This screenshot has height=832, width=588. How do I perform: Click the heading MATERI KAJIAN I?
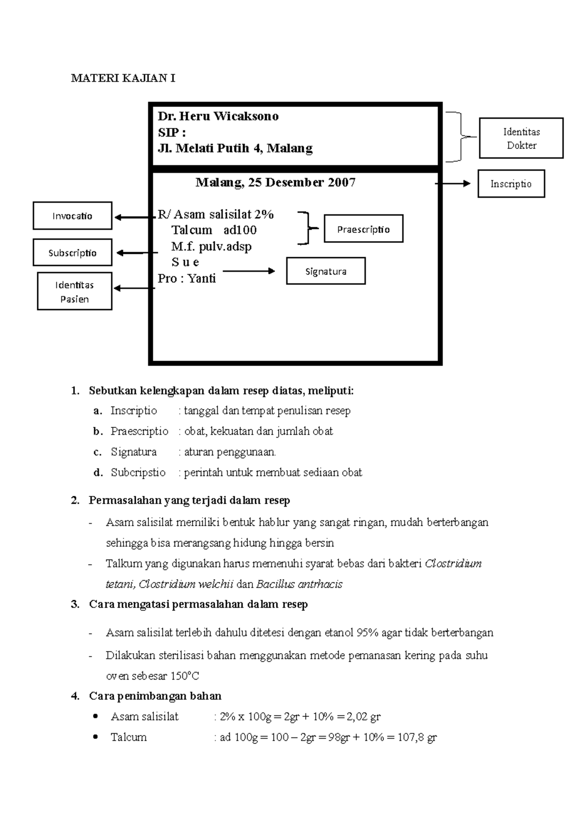coord(123,78)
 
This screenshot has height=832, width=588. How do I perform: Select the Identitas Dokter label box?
coord(521,138)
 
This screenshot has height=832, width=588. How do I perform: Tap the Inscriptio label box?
coord(511,184)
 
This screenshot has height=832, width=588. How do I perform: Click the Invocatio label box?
coord(73,216)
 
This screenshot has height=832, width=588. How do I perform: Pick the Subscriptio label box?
coord(73,252)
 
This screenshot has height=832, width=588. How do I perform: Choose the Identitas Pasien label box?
coord(74,292)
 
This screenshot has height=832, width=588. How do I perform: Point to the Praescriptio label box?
coord(364,229)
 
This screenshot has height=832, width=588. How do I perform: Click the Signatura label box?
coord(326,271)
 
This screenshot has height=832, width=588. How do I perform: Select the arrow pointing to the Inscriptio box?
coord(453,184)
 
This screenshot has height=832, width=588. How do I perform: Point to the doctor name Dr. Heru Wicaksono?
coord(218,116)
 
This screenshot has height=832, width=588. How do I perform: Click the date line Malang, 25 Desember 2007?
coord(275,182)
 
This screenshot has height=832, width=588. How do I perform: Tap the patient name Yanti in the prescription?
coord(201,278)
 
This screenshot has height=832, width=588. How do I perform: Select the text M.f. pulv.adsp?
coord(211,246)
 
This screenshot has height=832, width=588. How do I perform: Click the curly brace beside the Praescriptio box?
coord(307,228)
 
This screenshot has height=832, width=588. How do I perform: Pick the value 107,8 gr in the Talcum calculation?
coord(416,737)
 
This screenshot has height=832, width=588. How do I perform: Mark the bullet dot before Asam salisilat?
coord(96,716)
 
